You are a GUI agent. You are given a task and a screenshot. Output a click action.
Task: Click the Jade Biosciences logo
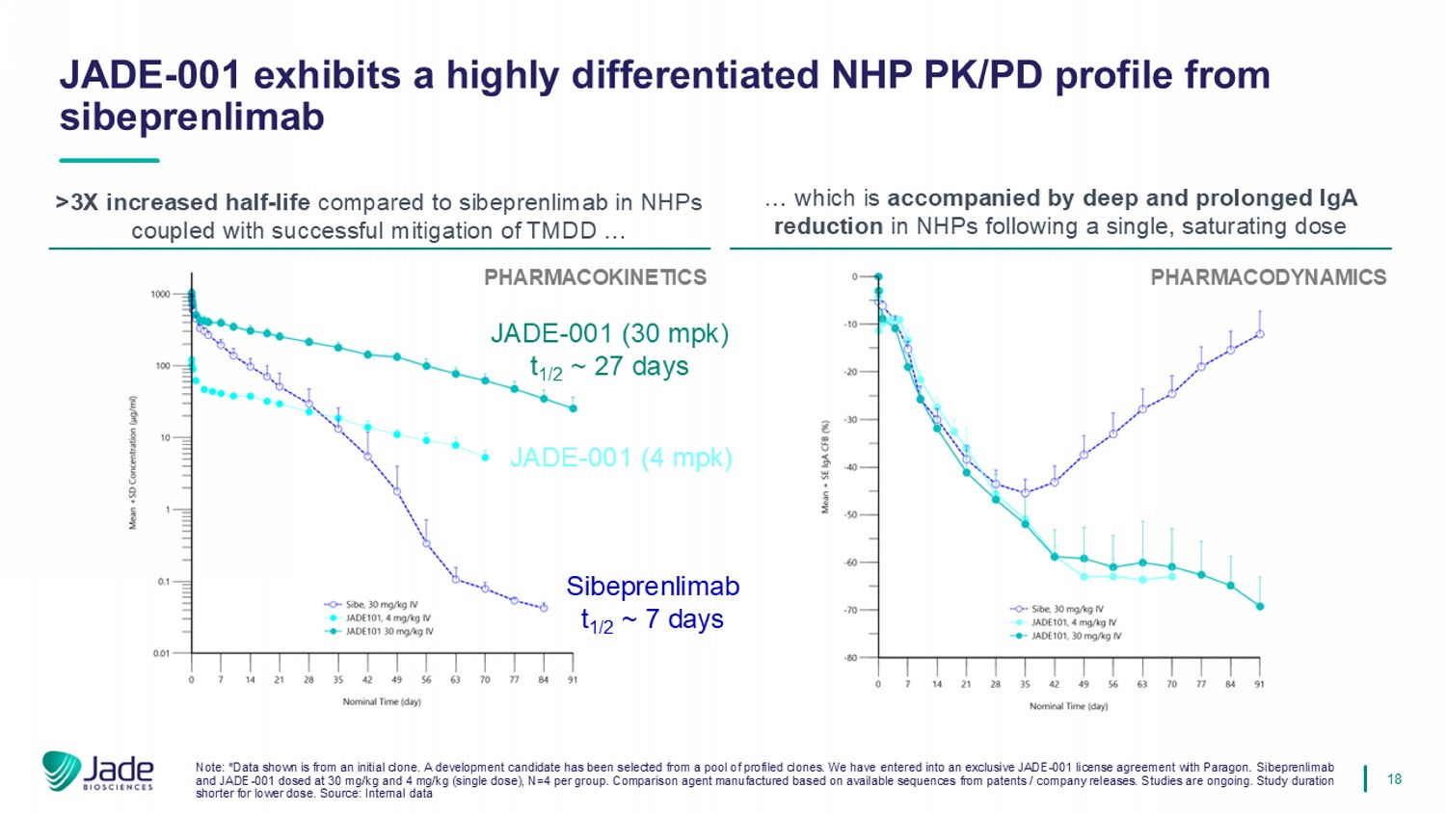coord(97,771)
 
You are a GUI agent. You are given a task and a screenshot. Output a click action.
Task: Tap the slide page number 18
coord(1394,778)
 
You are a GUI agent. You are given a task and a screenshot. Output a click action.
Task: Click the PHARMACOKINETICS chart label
coord(595,277)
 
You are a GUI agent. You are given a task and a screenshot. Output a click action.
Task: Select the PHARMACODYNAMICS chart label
coord(1268,277)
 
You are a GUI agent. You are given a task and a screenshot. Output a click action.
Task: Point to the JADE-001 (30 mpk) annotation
coord(609,334)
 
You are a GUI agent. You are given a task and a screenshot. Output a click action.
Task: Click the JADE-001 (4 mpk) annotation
coord(620,458)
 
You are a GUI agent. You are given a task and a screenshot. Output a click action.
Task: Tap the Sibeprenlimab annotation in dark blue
coord(653,587)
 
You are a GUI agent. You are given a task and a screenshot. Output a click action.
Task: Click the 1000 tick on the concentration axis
coord(160,295)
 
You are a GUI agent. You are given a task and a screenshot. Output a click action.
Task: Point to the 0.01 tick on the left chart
coord(160,654)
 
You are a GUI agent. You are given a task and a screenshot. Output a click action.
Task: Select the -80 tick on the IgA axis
coord(851,658)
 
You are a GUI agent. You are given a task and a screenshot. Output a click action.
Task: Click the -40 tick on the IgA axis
coord(851,467)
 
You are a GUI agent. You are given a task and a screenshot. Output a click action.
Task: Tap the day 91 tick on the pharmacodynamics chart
coord(1259,684)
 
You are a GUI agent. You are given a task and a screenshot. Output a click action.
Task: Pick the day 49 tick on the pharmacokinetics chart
coord(396,680)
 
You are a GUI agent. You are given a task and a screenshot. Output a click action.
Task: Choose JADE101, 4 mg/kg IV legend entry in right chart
coord(1073,622)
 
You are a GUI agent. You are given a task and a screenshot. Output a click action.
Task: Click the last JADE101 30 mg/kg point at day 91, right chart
coord(1260,607)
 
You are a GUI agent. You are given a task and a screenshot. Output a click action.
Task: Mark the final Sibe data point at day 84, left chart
coord(544,608)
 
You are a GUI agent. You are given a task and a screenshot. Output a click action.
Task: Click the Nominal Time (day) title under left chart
coord(382,702)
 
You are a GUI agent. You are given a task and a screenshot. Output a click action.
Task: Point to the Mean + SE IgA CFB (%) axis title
coord(825,467)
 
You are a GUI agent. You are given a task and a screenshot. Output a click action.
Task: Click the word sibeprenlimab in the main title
coord(192,118)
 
